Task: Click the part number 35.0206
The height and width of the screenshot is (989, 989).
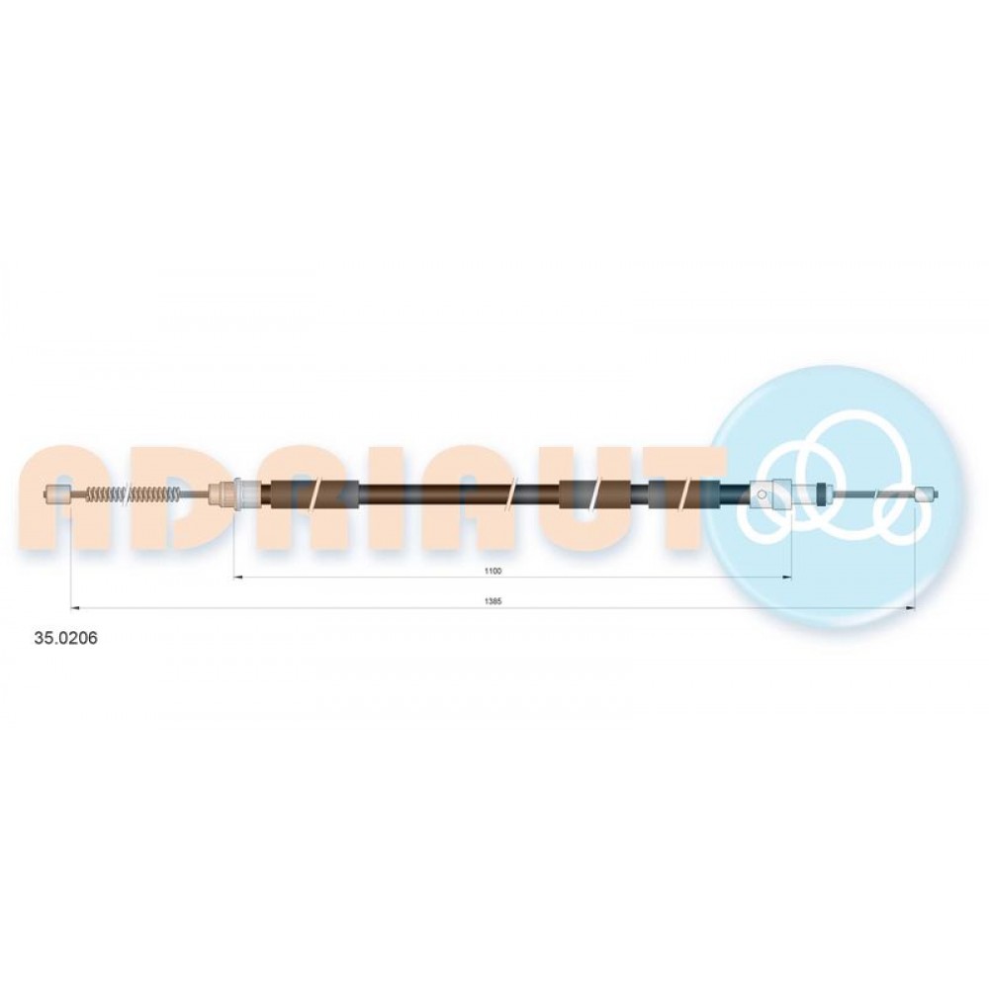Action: click(x=65, y=638)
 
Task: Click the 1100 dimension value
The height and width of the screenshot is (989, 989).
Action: click(x=493, y=571)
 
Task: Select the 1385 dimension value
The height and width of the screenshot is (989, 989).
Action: click(x=492, y=601)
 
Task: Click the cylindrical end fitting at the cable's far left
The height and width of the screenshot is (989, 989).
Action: click(x=58, y=494)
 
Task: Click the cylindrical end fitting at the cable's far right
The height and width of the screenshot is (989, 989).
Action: click(x=926, y=494)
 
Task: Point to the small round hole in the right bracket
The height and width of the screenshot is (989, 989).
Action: click(x=763, y=494)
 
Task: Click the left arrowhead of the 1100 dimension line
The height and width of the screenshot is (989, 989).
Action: click(x=237, y=577)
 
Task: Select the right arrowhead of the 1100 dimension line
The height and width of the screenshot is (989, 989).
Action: click(x=787, y=577)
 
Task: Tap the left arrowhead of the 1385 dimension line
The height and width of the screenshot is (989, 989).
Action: click(x=74, y=608)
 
